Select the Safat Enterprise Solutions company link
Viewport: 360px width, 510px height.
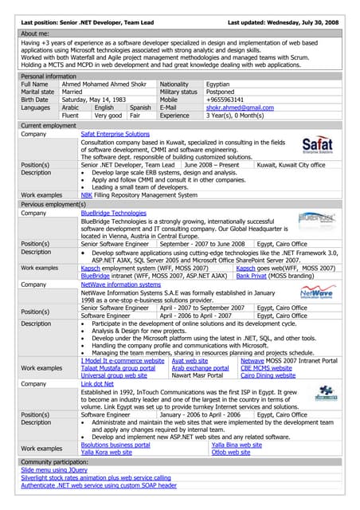[115, 135]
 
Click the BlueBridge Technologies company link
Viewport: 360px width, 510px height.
[113, 214]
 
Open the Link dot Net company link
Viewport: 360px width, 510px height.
[99, 383]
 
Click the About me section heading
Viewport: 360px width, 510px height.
[34, 34]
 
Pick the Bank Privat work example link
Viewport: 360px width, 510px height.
[251, 276]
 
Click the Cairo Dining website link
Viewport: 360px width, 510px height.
[268, 375]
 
